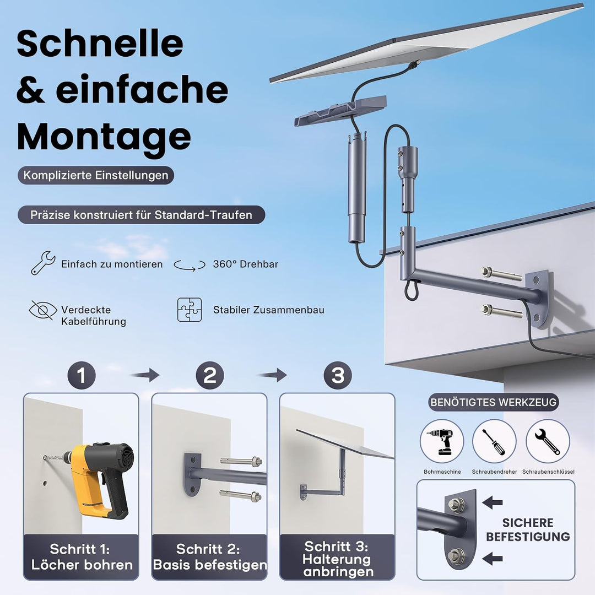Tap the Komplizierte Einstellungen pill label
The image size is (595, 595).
96,175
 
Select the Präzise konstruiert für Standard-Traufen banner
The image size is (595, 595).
141,215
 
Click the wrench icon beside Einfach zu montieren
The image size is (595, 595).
43,263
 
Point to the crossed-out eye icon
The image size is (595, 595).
43,310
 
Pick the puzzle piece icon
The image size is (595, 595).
190,310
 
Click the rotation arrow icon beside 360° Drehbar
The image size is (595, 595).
190,265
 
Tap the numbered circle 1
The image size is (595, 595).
82,375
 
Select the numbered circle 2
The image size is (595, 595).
210,375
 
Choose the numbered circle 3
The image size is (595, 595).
338,375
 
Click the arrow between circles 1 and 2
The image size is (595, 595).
145,375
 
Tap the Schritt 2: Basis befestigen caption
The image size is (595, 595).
209,557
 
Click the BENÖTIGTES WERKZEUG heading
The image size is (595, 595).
493,402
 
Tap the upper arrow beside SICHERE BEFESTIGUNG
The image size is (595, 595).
493,503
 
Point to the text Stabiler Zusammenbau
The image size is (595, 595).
269,310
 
